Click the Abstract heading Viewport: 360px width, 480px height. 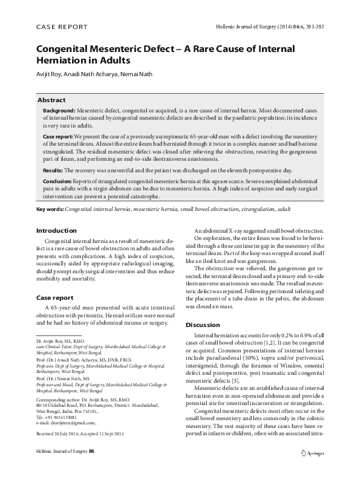(x=51, y=99)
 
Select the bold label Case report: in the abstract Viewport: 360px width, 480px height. (x=58, y=137)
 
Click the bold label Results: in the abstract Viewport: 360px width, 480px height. (x=53, y=171)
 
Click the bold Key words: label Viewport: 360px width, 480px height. (x=50, y=209)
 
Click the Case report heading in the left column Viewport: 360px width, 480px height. (x=55, y=297)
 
